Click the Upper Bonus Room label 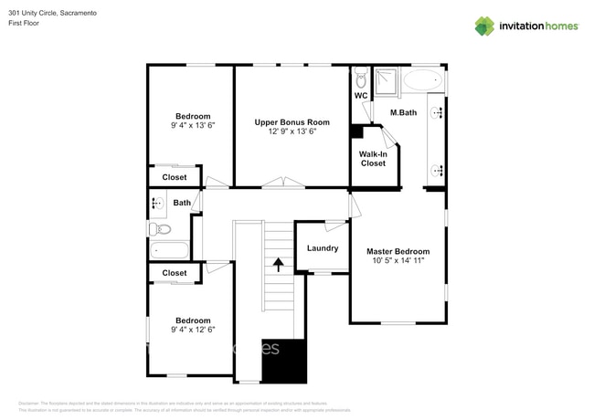292,121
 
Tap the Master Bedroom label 398,251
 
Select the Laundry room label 323,248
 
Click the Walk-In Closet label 372,159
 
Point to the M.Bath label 403,112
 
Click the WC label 361,95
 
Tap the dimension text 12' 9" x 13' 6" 292,131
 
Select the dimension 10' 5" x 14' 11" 398,261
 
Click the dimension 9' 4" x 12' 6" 193,331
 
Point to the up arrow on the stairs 278,264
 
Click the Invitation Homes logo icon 484,26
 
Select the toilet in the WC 362,76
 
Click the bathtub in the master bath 421,79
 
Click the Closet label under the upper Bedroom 175,177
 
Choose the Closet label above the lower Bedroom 175,273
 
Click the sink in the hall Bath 157,203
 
